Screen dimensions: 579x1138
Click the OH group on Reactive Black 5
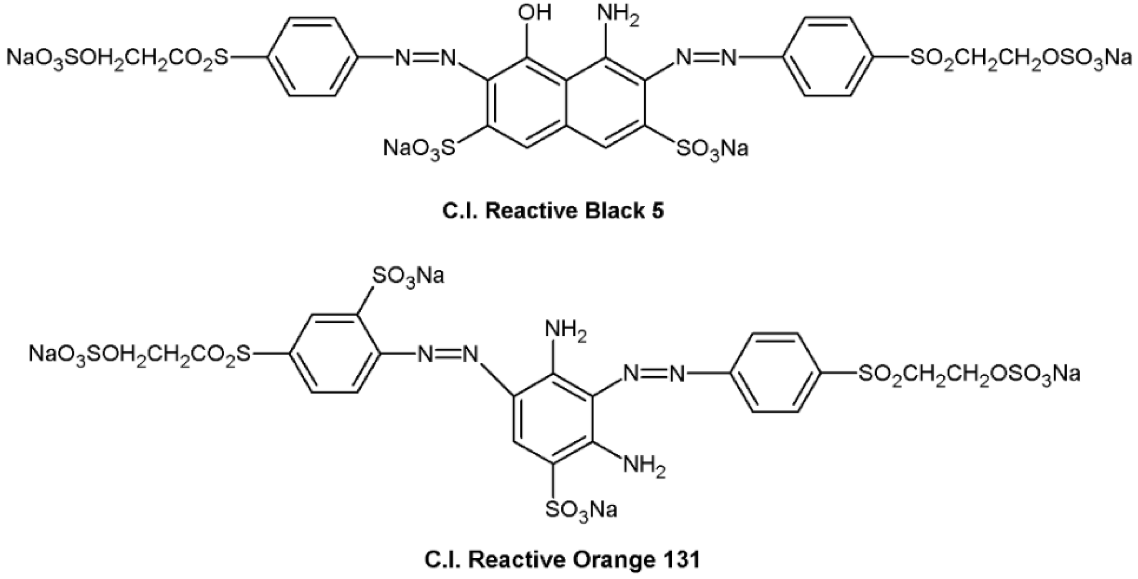tap(535, 13)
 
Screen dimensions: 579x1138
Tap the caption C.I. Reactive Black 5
tap(553, 212)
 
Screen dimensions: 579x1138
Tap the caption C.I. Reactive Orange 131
tap(562, 560)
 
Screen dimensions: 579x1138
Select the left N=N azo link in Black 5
tap(425, 58)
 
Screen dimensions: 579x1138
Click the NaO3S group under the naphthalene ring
tap(418, 148)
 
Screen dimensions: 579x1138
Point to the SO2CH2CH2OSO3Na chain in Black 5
tap(1021, 59)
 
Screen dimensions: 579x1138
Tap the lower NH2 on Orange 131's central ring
tap(643, 467)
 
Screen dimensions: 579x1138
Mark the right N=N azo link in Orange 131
tap(653, 375)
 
